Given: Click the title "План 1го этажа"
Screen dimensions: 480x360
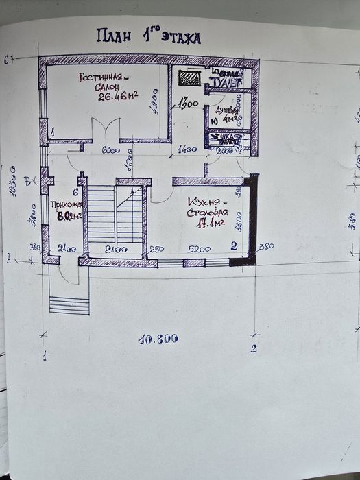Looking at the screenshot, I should (x=148, y=37).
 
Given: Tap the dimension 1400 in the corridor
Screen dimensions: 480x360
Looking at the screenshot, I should (x=187, y=149).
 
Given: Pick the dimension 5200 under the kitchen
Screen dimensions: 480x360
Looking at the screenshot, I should (x=200, y=248).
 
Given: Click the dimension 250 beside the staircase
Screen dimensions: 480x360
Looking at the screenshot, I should (x=156, y=248).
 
